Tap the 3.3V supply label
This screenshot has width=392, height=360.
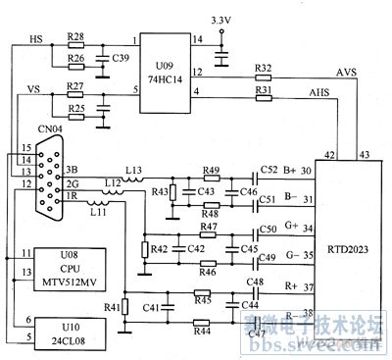click(222, 20)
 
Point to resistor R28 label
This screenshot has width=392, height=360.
click(75, 35)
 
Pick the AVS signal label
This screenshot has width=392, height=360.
click(347, 72)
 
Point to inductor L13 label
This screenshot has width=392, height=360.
click(133, 169)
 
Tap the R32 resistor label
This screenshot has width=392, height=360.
click(262, 67)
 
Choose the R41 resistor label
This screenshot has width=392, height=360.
click(113, 307)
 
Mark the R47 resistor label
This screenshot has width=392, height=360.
click(207, 227)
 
